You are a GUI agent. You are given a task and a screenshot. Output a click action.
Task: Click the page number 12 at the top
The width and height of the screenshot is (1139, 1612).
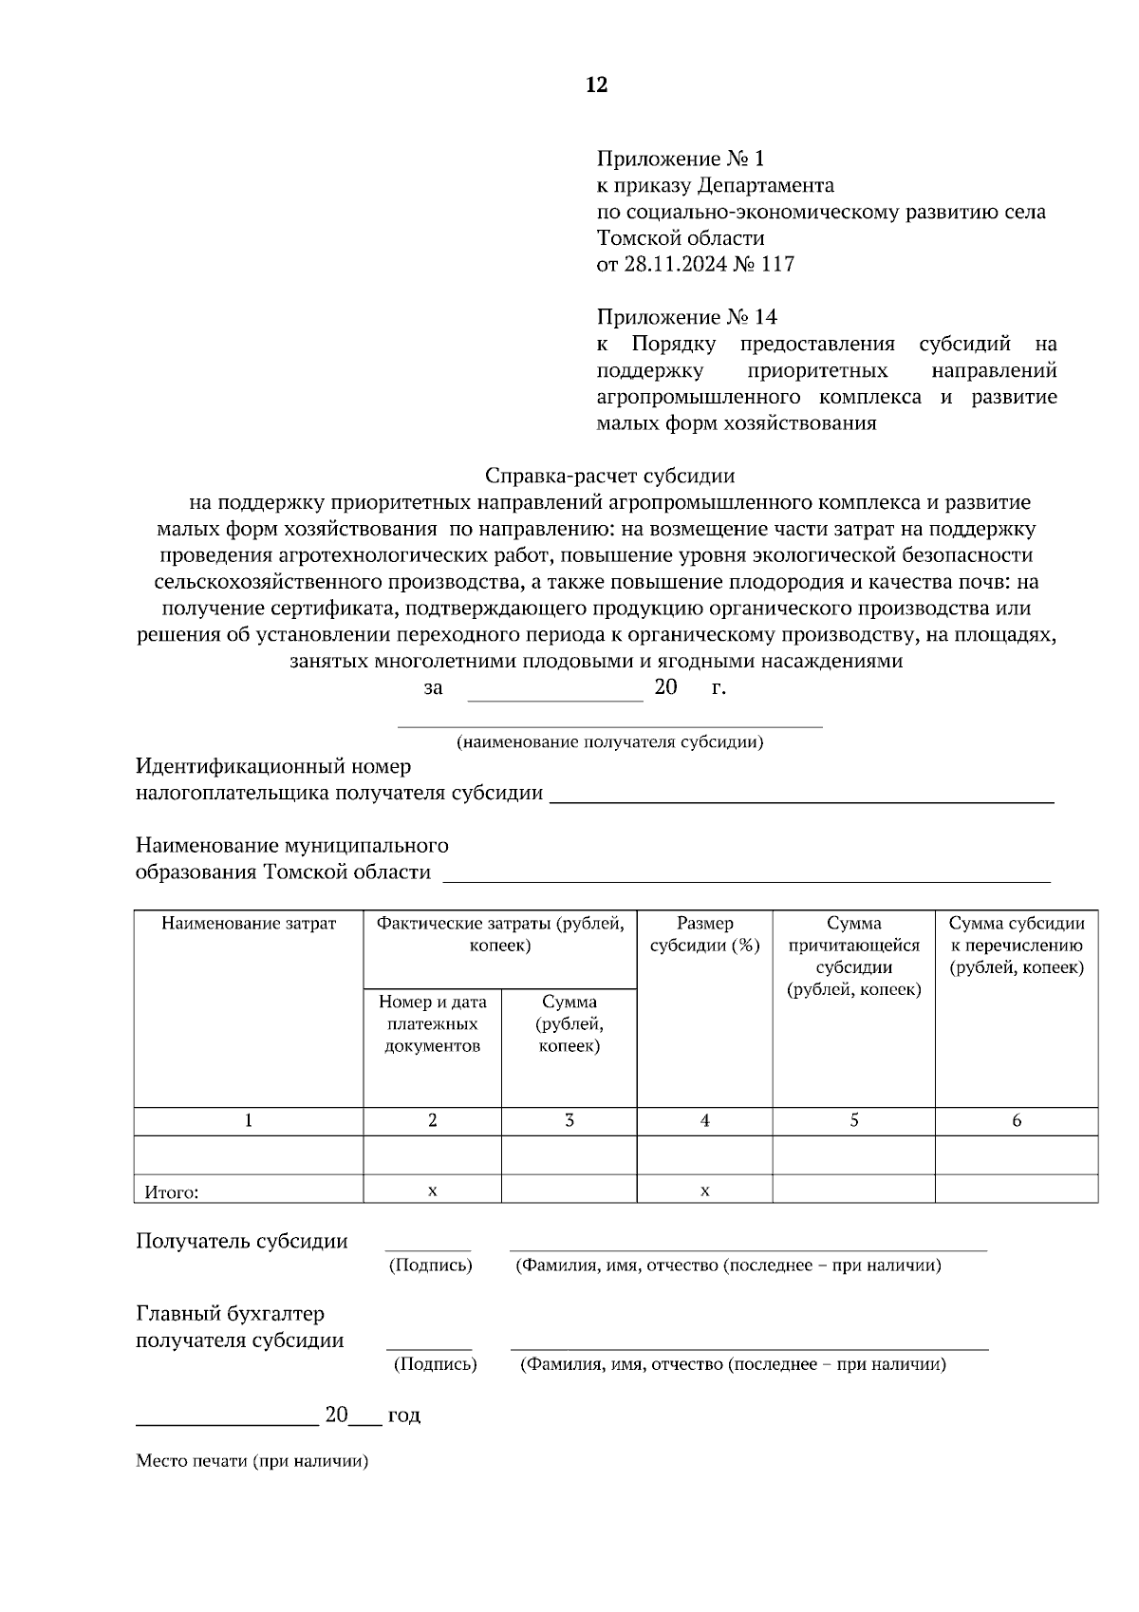point(596,85)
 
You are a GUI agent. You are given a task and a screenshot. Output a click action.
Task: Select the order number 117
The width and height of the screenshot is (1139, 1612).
point(777,264)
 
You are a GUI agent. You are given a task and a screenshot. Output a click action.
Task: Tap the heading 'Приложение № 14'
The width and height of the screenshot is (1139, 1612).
point(686,316)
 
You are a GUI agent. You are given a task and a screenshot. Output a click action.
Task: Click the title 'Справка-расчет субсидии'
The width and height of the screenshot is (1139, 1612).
point(609,475)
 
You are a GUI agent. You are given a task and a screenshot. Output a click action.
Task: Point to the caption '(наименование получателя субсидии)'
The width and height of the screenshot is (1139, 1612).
point(609,742)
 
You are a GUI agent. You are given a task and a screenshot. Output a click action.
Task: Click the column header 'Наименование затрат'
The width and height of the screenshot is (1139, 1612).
point(249,924)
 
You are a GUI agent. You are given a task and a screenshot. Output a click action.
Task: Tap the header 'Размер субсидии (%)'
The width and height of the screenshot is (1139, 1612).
point(704,934)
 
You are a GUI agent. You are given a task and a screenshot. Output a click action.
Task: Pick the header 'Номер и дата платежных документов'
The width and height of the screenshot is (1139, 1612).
point(432,1023)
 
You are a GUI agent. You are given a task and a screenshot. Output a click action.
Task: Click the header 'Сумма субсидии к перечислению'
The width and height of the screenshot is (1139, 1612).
point(1016,946)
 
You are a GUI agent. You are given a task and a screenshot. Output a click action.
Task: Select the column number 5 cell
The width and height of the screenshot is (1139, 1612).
point(853,1121)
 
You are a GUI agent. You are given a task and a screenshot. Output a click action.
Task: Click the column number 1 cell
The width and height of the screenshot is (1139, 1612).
point(249,1121)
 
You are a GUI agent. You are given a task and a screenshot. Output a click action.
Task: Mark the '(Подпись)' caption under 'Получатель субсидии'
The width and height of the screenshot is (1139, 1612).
point(430,1265)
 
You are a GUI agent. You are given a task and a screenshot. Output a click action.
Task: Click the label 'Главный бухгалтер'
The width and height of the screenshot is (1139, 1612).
point(230,1314)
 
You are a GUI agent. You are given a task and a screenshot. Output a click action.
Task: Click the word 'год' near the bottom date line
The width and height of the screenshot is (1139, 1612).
point(403,1415)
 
